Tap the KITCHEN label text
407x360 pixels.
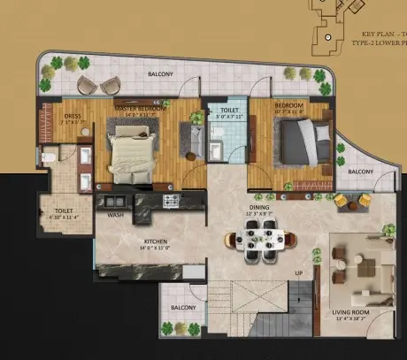pos(156,241)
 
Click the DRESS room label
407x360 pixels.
pos(73,116)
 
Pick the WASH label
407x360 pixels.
pos(116,215)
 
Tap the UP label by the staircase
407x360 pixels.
pos(299,272)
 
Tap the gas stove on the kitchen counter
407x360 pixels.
pos(170,203)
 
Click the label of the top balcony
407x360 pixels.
pos(160,74)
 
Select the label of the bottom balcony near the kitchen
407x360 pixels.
pos(183,307)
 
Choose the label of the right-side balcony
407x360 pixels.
pos(360,171)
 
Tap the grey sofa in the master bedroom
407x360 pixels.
pos(190,137)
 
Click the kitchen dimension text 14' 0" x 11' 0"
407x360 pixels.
pos(156,249)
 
